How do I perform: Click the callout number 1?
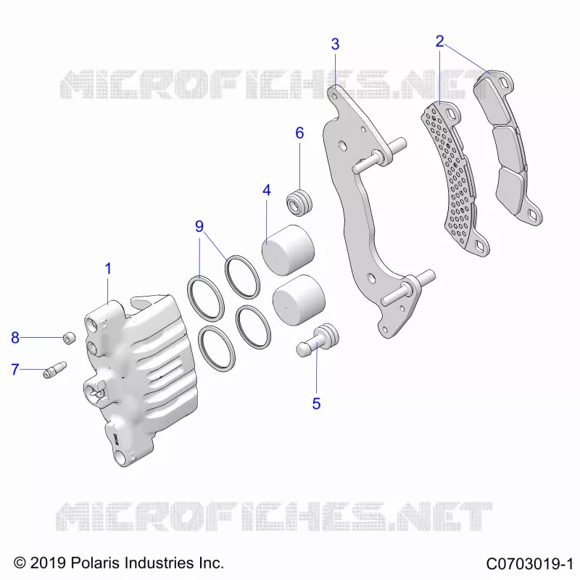tap(108, 268)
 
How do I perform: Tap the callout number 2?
tap(439, 41)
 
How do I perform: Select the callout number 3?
tap(335, 44)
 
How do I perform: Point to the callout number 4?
tap(267, 190)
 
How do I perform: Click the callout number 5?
tap(316, 404)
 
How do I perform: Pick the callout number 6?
tap(299, 133)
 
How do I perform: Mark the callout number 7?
tap(14, 369)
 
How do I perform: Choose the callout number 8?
tap(14, 338)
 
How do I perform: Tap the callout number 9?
tap(199, 226)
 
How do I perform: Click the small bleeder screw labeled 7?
tap(55, 370)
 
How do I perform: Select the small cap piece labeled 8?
tap(69, 338)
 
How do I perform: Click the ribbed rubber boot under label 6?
tap(299, 202)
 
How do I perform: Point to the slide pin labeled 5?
tap(318, 340)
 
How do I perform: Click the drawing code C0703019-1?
tap(530, 564)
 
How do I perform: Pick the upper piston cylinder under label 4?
tap(288, 250)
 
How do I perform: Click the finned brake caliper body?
tap(140, 379)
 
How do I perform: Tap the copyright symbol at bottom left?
tap(20, 563)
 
